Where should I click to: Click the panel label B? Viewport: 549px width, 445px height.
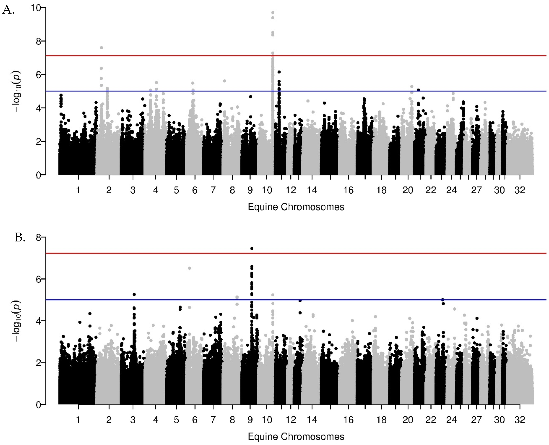click(20, 238)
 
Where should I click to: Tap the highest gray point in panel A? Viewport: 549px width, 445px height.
click(273, 13)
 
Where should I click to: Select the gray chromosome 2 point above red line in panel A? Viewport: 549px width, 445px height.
click(101, 48)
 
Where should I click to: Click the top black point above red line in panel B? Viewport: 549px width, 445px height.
click(252, 248)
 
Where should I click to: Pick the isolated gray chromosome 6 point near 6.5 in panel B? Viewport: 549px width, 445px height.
click(189, 268)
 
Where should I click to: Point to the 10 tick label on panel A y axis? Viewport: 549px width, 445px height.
click(36, 8)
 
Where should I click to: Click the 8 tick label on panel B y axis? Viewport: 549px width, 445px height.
click(38, 238)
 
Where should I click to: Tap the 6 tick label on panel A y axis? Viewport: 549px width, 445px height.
click(38, 75)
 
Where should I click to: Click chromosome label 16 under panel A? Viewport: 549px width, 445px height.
click(348, 190)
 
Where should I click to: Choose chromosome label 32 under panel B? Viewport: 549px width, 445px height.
click(520, 420)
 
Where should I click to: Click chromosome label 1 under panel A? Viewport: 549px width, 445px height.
click(78, 190)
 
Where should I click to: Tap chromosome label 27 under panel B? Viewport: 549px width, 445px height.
click(476, 420)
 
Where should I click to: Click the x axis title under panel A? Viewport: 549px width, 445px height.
click(296, 207)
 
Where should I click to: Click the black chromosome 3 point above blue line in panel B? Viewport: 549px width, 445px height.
click(134, 295)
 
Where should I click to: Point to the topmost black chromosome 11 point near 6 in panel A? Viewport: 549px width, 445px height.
click(279, 72)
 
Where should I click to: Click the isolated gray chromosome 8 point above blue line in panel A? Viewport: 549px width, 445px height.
click(225, 81)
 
